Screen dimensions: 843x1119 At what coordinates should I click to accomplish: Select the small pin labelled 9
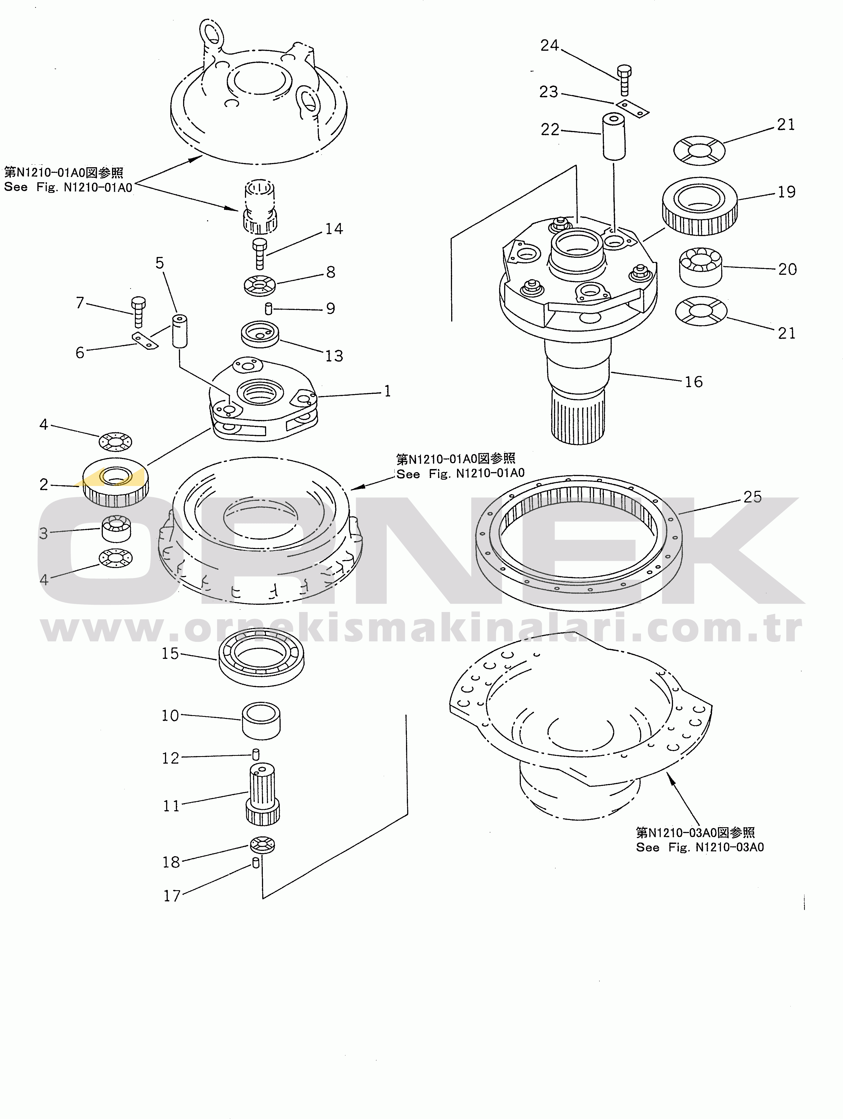tap(269, 308)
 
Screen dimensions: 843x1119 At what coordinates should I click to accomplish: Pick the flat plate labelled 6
tap(145, 341)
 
